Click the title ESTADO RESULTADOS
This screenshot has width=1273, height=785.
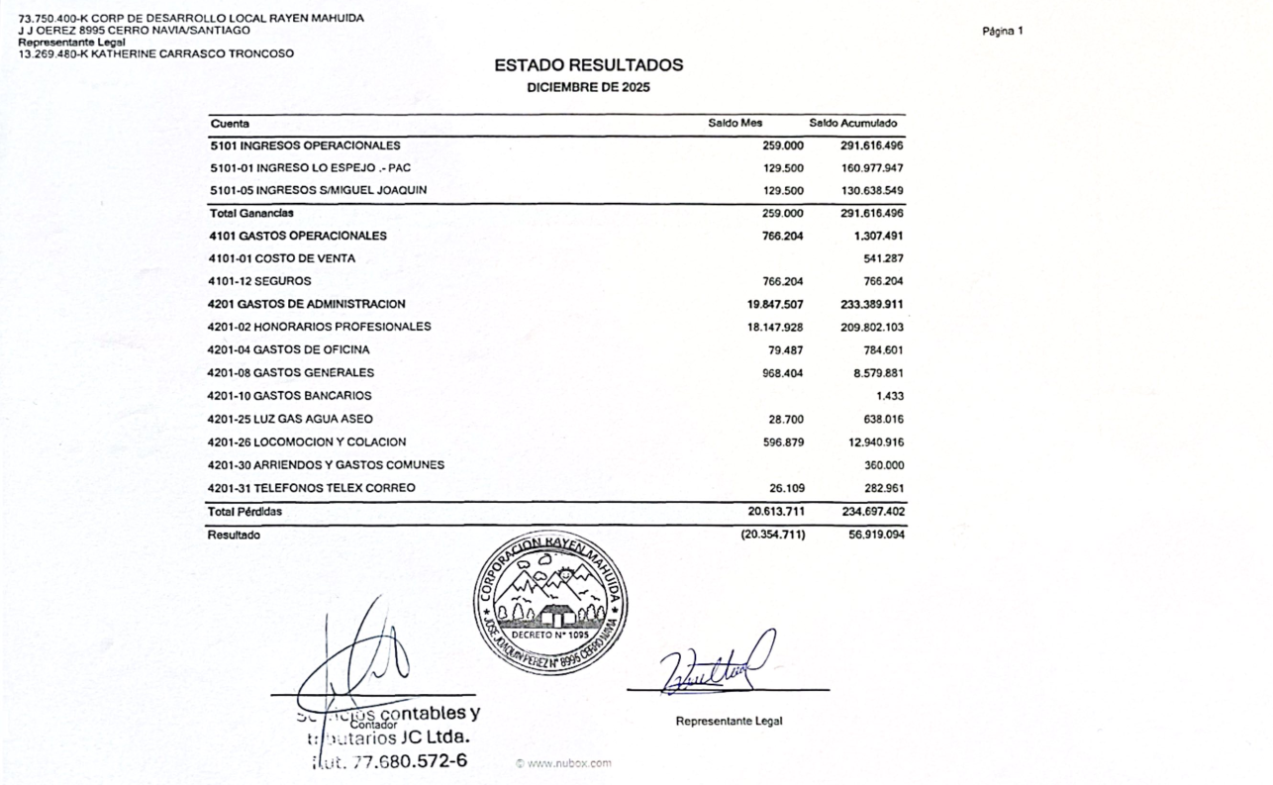[588, 65]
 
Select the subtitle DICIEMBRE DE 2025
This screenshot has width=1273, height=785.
[588, 87]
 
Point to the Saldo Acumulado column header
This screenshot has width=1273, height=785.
[852, 124]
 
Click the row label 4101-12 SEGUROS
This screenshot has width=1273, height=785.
[259, 281]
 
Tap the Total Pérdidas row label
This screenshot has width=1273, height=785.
[245, 512]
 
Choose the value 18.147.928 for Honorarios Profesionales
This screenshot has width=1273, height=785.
[775, 327]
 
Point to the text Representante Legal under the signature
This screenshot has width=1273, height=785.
[729, 721]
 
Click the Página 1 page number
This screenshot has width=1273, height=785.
[1003, 31]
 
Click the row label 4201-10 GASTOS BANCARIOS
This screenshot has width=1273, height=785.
[289, 396]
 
